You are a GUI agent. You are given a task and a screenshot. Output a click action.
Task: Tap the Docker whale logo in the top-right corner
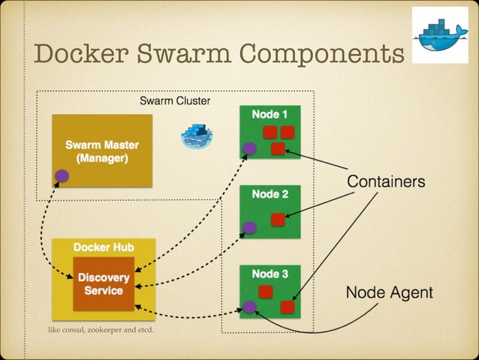439,35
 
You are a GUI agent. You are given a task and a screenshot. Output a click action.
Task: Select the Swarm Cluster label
175,101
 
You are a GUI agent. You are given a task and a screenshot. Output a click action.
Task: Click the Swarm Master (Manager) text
102,151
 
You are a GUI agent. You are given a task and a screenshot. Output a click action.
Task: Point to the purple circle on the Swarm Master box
62,176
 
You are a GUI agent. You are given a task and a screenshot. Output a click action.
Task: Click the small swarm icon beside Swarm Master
197,135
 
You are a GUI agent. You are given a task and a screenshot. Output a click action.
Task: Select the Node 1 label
270,113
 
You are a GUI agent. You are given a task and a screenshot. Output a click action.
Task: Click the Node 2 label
270,194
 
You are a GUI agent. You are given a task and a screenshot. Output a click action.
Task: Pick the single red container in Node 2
277,219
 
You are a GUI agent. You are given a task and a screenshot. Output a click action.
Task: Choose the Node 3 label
270,274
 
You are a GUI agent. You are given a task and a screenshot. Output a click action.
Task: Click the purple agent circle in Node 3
249,307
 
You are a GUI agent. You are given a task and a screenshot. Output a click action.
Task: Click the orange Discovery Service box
104,283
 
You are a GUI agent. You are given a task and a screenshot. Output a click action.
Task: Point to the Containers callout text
385,182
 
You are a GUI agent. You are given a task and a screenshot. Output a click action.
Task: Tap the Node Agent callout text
389,292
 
